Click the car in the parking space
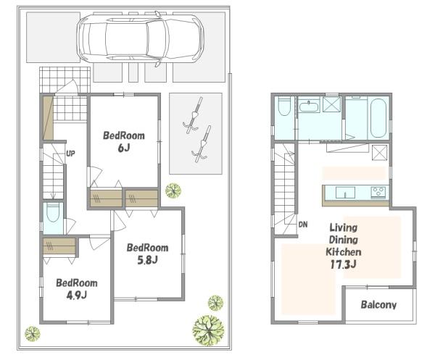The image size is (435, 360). point(141,38)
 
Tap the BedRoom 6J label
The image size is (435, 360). point(124,142)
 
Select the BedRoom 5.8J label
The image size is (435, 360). point(148,254)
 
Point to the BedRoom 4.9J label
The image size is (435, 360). point(77,289)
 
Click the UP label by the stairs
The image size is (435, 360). point(70,154)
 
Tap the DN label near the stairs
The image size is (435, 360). point(303,225)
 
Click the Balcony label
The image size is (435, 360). point(378,305)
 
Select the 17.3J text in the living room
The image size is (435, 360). point(343,264)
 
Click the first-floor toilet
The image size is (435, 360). point(53,213)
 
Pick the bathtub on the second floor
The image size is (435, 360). point(378,118)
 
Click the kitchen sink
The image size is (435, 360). point(345,193)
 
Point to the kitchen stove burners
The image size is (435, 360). point(378,192)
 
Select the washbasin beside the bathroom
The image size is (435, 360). point(310,106)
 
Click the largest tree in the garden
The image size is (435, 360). point(208,330)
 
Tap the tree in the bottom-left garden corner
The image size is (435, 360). point(33,334)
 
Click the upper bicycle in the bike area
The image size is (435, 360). point(194,116)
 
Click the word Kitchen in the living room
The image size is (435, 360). point(344,252)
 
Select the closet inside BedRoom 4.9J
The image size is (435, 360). point(59,246)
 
